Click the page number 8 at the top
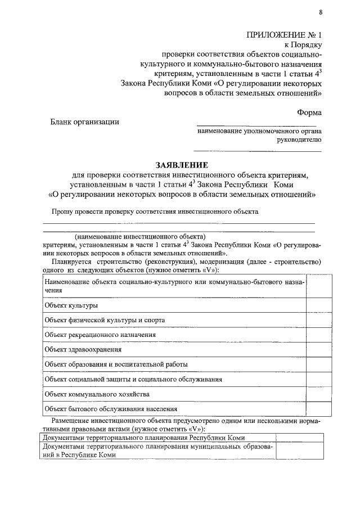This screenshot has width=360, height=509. (321, 12)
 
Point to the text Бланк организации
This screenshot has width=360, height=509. (85, 122)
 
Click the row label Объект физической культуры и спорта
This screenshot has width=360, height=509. (105, 319)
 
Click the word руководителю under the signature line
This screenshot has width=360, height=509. (303, 141)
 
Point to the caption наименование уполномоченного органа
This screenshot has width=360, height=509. (259, 132)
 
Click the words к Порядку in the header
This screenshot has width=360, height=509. (304, 46)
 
